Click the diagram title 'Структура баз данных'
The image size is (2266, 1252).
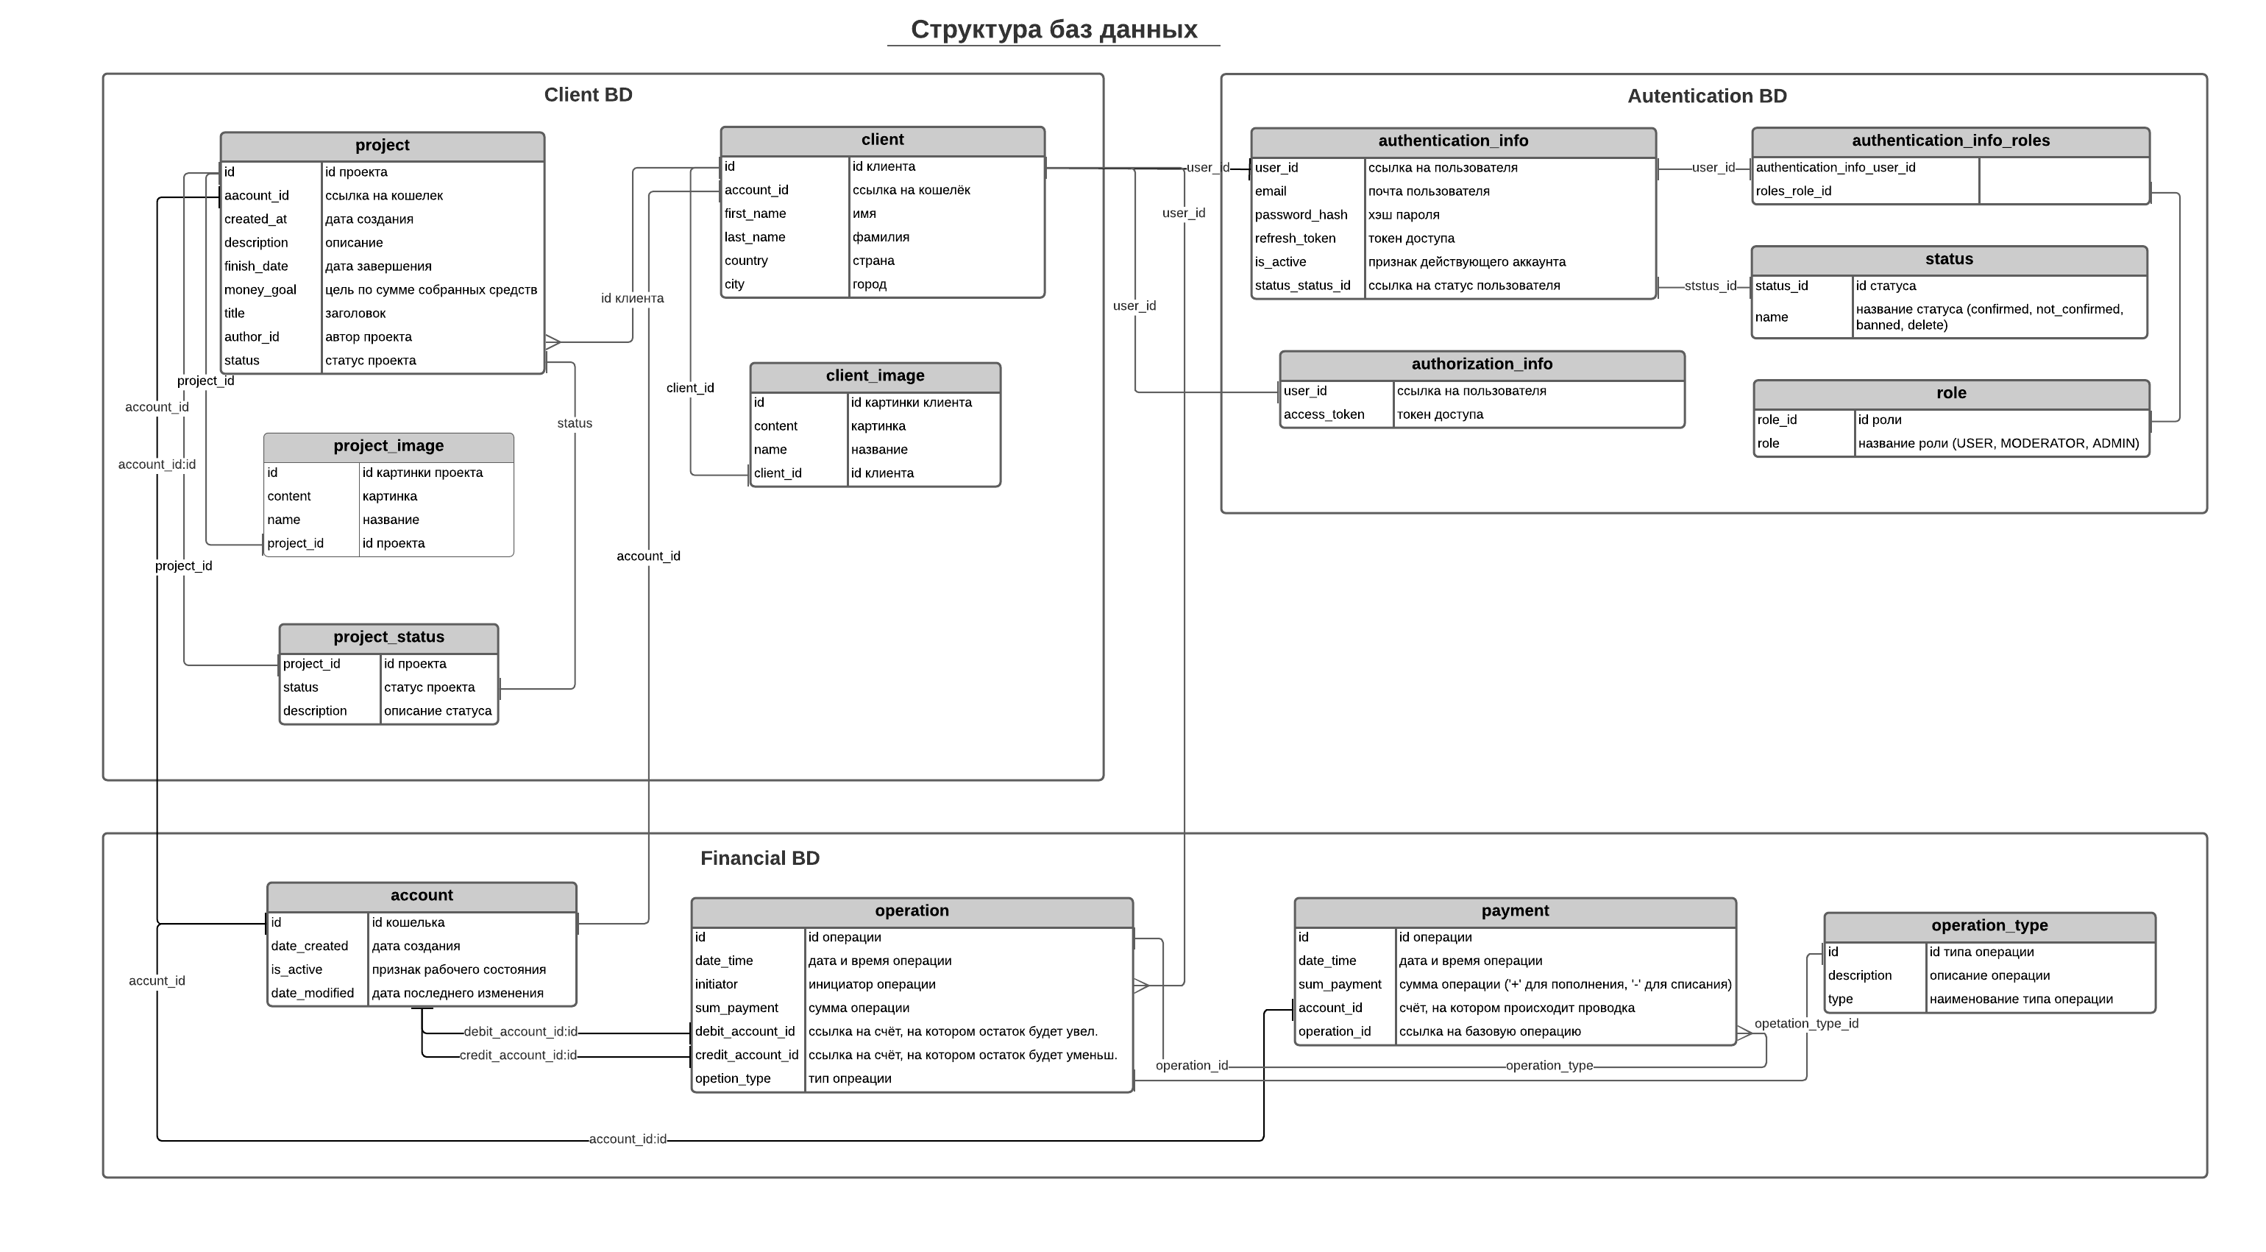(1053, 30)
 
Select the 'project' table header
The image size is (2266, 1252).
(382, 145)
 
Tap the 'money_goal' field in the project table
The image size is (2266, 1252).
(260, 289)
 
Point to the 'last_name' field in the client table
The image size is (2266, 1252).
(755, 237)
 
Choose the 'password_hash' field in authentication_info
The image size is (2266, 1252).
(1300, 215)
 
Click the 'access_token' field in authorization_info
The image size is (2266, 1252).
(1323, 414)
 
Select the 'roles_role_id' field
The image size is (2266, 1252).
(1793, 191)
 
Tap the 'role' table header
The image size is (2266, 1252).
(1950, 393)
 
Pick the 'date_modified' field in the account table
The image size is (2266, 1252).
(312, 994)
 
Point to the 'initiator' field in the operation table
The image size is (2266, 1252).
(716, 985)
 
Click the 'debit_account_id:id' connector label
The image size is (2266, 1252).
(520, 1031)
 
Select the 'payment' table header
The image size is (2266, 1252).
(1514, 910)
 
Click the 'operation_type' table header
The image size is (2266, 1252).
(1989, 926)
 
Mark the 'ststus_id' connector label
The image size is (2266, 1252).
(1709, 286)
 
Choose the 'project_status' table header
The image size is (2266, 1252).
(388, 637)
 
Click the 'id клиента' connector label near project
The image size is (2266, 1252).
(631, 298)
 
